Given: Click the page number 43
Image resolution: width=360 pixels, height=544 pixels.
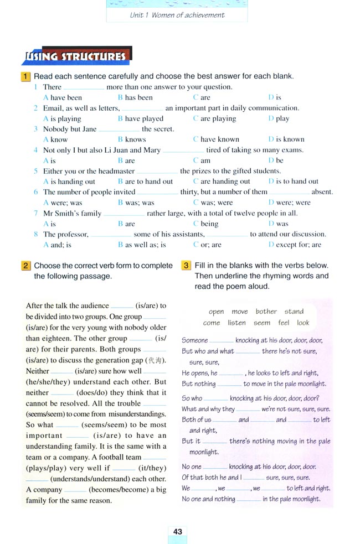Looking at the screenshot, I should click(177, 532).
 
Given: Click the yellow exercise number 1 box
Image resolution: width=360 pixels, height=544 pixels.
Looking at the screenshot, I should click(25, 76).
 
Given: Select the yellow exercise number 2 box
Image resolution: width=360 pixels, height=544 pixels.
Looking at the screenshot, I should click(25, 266).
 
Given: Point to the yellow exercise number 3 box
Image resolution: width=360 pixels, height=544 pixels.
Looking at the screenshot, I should click(186, 266).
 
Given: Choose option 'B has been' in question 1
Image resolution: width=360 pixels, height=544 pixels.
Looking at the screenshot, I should click(135, 97).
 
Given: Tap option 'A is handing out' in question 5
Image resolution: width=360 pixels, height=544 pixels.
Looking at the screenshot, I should click(69, 182).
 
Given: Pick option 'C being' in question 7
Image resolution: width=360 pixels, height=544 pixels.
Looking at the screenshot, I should click(205, 224).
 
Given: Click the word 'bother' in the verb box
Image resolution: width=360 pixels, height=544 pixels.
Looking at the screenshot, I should click(266, 312).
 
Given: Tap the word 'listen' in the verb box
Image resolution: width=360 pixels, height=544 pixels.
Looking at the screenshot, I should click(236, 323).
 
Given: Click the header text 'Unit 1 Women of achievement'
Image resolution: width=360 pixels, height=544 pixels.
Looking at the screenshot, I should click(177, 15).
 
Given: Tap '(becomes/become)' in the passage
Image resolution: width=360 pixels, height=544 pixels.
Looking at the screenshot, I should click(115, 490).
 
